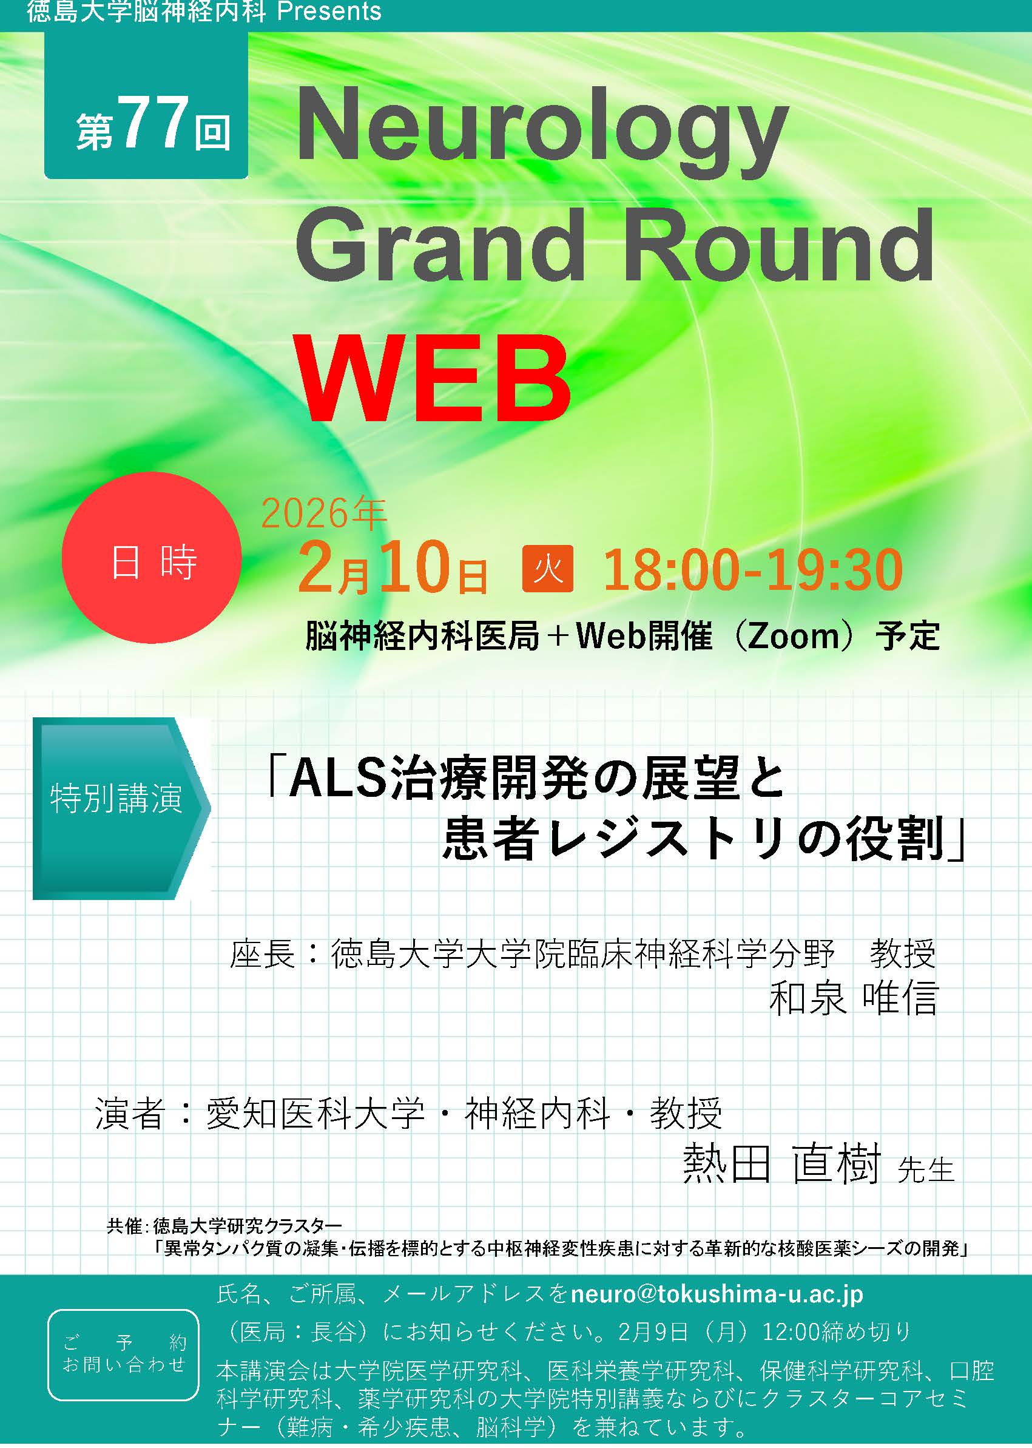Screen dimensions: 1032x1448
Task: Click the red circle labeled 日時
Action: click(152, 558)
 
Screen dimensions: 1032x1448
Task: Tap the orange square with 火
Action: click(548, 568)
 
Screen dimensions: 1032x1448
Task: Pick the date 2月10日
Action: click(393, 567)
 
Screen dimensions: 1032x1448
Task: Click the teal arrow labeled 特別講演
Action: click(121, 808)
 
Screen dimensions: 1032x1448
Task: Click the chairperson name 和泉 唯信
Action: click(853, 998)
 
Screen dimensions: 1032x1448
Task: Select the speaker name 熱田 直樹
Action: click(781, 1163)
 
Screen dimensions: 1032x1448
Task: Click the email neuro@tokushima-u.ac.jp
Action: click(717, 1293)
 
